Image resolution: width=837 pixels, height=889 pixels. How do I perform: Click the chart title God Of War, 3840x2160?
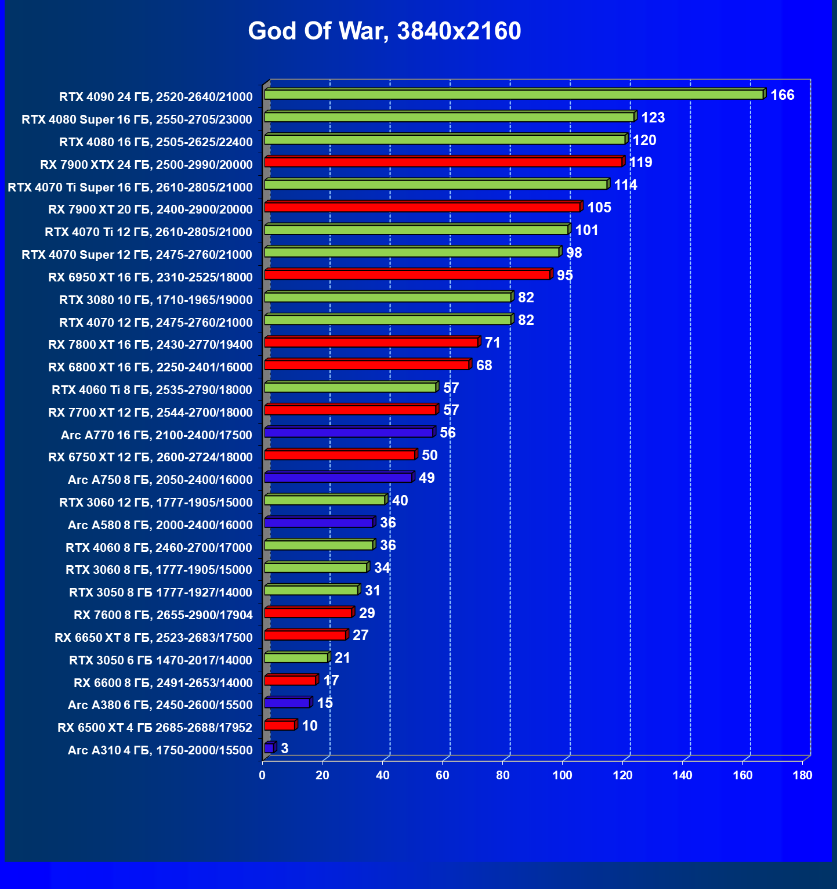click(384, 31)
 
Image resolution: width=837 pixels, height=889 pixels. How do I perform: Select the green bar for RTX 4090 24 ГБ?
click(513, 95)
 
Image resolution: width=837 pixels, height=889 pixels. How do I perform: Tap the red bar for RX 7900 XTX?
click(443, 162)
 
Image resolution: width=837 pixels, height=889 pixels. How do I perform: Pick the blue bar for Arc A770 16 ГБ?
click(349, 432)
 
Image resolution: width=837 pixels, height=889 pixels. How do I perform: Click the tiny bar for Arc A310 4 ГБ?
click(269, 749)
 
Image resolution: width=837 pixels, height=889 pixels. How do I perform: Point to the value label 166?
click(782, 95)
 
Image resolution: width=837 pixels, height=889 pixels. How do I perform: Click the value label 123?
click(653, 118)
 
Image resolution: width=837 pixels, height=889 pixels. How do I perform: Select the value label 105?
click(599, 208)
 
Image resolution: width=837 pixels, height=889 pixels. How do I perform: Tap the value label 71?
click(492, 343)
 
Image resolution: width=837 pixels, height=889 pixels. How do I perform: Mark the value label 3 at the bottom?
click(284, 749)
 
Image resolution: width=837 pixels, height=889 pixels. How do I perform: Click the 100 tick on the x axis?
click(562, 776)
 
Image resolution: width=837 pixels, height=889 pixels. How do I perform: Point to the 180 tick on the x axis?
click(802, 776)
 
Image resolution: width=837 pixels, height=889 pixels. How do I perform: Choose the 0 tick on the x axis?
click(263, 776)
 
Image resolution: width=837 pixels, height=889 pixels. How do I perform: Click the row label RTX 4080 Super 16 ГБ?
click(137, 120)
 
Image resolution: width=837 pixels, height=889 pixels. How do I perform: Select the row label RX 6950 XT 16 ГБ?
click(150, 277)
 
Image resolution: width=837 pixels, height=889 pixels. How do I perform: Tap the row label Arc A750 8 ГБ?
click(160, 480)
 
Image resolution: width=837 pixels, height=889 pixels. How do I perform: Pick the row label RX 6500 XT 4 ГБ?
click(155, 728)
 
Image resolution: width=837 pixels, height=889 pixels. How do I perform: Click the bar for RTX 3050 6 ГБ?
click(296, 658)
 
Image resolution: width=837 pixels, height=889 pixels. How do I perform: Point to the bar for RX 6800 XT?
click(367, 365)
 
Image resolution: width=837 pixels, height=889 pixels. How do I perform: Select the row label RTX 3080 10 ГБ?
click(156, 300)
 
